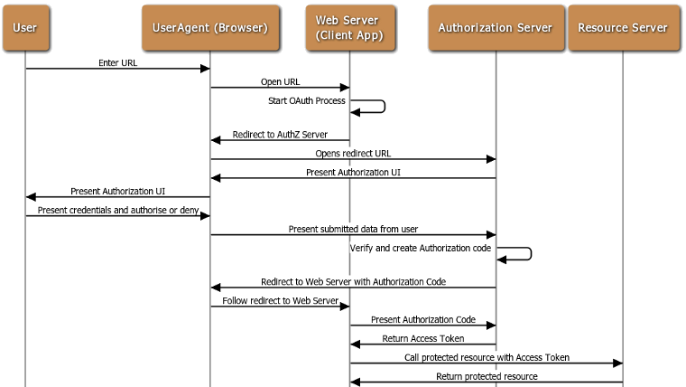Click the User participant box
tap(24, 27)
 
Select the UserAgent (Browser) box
tap(210, 27)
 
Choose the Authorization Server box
tap(495, 27)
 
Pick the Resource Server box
tap(623, 27)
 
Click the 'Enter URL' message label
tap(117, 63)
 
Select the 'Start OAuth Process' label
tap(307, 100)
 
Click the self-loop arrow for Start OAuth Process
tap(377, 107)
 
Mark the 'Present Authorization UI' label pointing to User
tap(117, 191)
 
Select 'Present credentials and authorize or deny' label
tap(117, 210)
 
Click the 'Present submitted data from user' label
tap(353, 229)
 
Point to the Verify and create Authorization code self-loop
tap(522, 254)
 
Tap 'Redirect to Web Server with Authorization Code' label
tap(353, 281)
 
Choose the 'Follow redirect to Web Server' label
tap(280, 300)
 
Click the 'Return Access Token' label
tap(422, 338)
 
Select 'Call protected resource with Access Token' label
tap(487, 357)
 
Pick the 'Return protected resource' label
tap(487, 375)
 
